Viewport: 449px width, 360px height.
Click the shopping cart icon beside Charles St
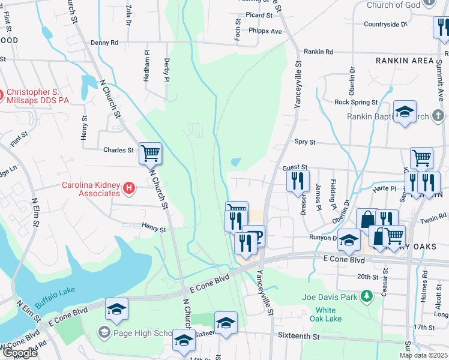(x=150, y=153)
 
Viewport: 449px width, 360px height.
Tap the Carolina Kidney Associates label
(x=91, y=189)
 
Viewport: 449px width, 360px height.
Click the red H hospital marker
(x=128, y=190)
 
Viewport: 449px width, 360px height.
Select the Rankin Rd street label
(x=318, y=52)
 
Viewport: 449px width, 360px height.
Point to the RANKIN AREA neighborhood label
(x=405, y=61)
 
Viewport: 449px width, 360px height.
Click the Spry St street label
(x=305, y=142)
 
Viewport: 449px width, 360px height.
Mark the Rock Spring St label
(x=356, y=103)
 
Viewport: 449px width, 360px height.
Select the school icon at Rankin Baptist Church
(x=405, y=112)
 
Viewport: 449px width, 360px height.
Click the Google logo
(x=19, y=353)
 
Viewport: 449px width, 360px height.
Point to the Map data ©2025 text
(x=423, y=355)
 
